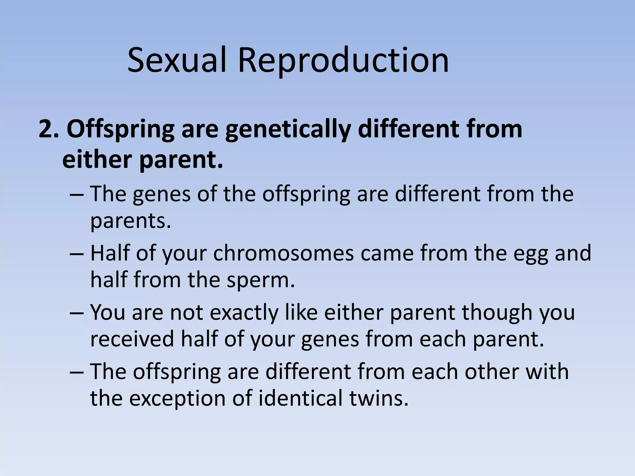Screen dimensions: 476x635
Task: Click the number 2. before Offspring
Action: (x=49, y=129)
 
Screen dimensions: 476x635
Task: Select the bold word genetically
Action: (x=288, y=129)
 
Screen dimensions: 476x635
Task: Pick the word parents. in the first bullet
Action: (x=131, y=221)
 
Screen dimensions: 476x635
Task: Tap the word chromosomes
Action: (x=283, y=253)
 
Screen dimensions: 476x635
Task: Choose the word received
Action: (x=132, y=339)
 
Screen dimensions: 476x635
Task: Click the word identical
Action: (x=300, y=398)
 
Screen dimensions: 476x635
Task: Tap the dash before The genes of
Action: (x=77, y=194)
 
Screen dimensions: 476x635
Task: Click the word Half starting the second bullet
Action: (x=109, y=253)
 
